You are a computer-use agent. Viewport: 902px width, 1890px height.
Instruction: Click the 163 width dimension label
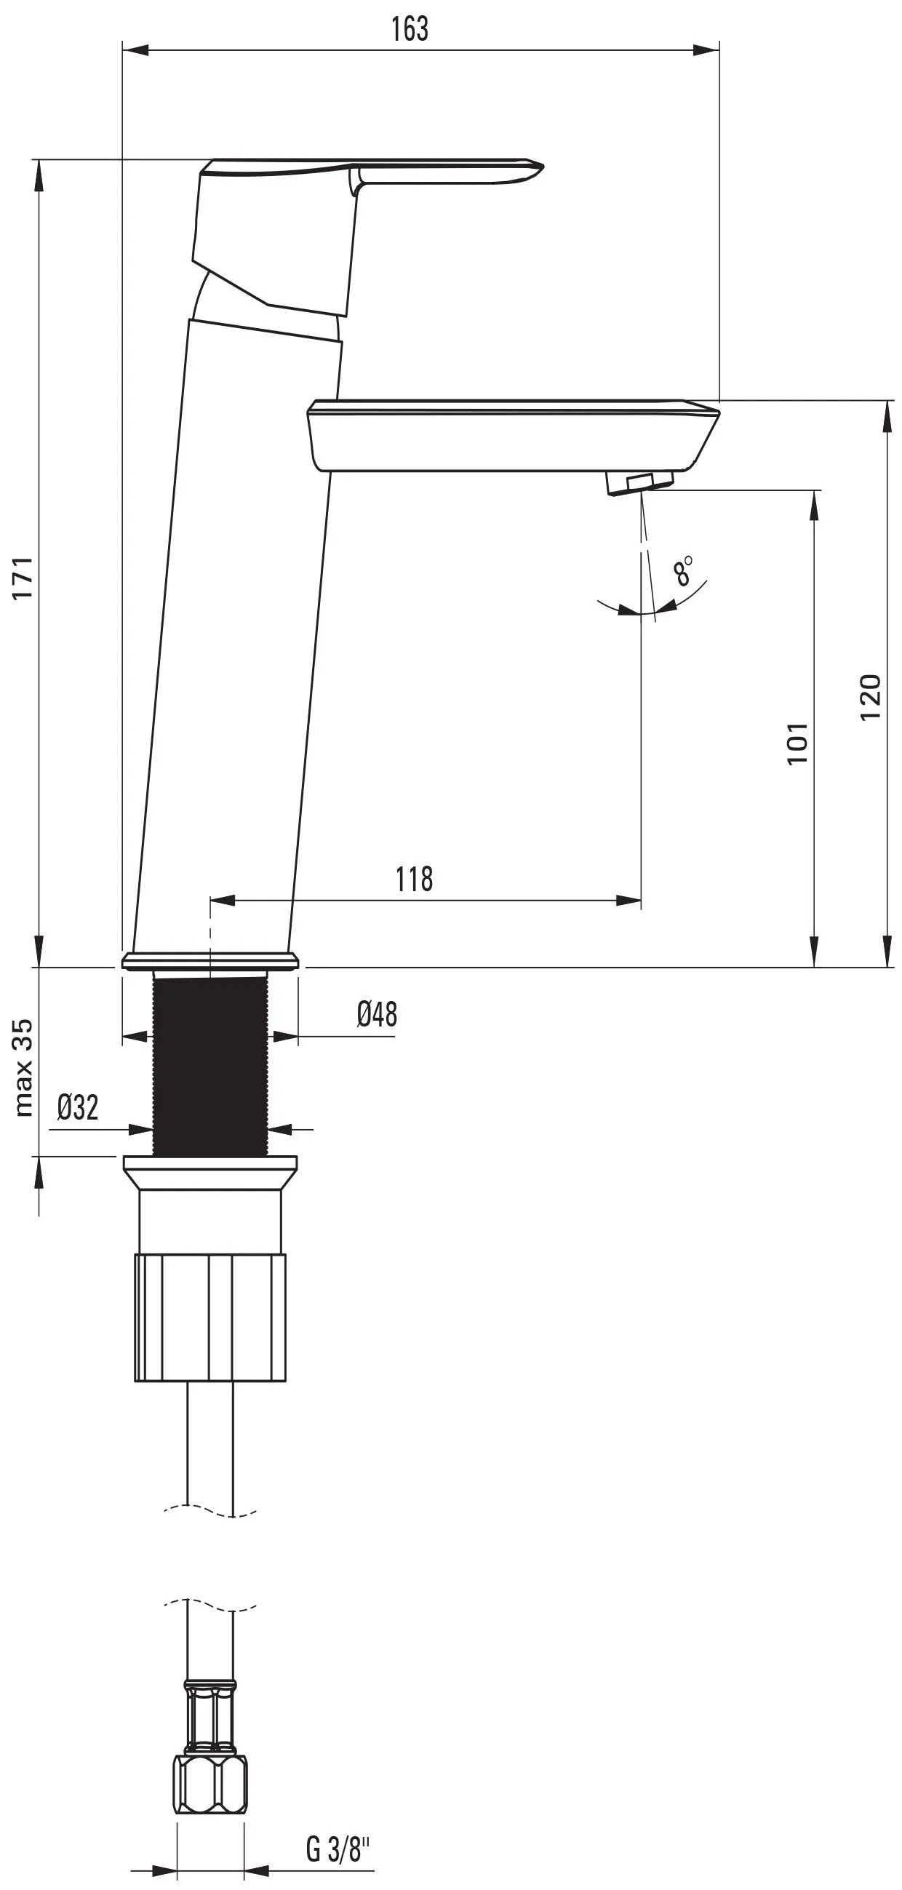[x=410, y=28]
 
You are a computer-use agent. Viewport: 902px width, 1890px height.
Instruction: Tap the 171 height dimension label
[x=23, y=578]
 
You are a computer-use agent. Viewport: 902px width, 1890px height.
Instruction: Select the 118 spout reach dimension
[x=415, y=878]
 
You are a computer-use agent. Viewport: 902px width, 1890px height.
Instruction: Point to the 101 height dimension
[x=798, y=743]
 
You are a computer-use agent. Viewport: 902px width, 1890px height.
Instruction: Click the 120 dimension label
[x=870, y=696]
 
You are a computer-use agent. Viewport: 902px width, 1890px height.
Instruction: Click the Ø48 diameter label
[x=378, y=1015]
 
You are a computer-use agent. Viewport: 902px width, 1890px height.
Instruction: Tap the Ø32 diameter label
[x=78, y=1107]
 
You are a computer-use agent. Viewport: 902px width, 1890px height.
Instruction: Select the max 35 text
[x=23, y=1067]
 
